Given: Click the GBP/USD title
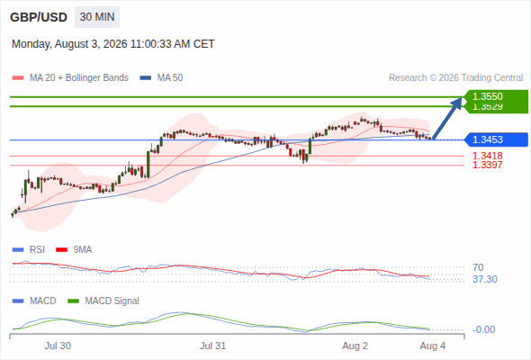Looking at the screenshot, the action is point(39,17).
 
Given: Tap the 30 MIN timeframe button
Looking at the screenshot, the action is point(97,17).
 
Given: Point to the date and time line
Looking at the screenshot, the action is point(113,44).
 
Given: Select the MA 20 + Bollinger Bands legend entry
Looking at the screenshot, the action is point(70,78).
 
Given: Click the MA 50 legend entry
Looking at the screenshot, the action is point(161,78).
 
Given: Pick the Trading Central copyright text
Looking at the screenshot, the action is point(455,78).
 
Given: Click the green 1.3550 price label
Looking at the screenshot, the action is point(488,96).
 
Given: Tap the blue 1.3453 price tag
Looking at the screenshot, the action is point(497,139).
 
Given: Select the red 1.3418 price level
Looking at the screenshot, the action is point(487,156).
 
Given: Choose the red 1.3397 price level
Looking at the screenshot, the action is point(487,165).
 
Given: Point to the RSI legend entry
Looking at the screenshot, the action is point(29,249).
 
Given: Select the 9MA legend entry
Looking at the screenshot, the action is point(74,249).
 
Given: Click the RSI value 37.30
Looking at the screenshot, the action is point(485,279).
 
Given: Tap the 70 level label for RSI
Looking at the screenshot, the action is point(478,267).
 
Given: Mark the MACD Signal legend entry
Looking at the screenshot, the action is point(103,301).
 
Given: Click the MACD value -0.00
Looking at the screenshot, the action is point(483,329).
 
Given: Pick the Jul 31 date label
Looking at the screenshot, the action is point(212,346).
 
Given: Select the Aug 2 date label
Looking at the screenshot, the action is point(355,346).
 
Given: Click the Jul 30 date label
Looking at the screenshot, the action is point(58,346).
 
